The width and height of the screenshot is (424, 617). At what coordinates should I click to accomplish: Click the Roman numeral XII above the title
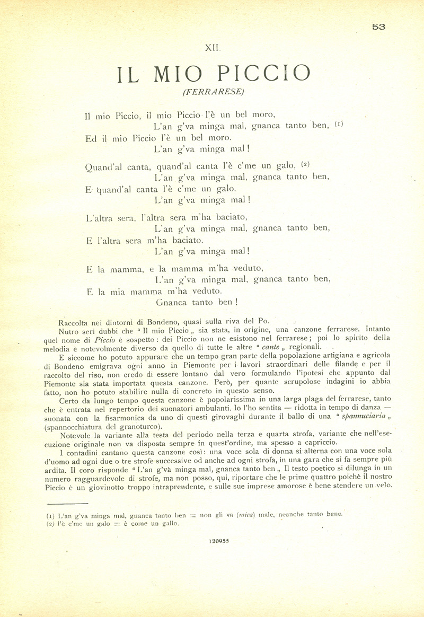pos(212,48)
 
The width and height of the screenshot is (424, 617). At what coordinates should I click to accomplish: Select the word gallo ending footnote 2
pos(171,523)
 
